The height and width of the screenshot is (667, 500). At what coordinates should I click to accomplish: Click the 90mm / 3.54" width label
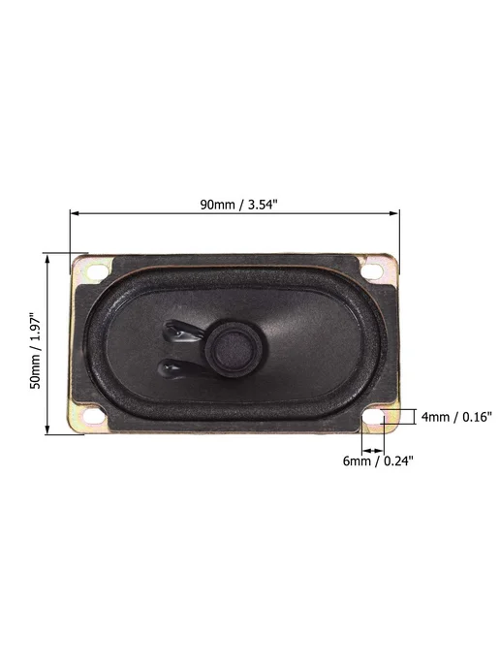coord(238,205)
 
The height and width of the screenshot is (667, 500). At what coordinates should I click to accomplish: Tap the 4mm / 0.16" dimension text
coord(456,417)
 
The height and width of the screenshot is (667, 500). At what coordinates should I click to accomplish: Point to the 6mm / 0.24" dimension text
coord(378,461)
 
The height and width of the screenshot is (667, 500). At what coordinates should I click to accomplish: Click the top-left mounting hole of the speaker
coord(97,271)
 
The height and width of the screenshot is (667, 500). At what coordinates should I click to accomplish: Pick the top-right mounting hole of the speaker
coord(371,270)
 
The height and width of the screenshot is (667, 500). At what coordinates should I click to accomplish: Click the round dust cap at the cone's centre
coord(232,348)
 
